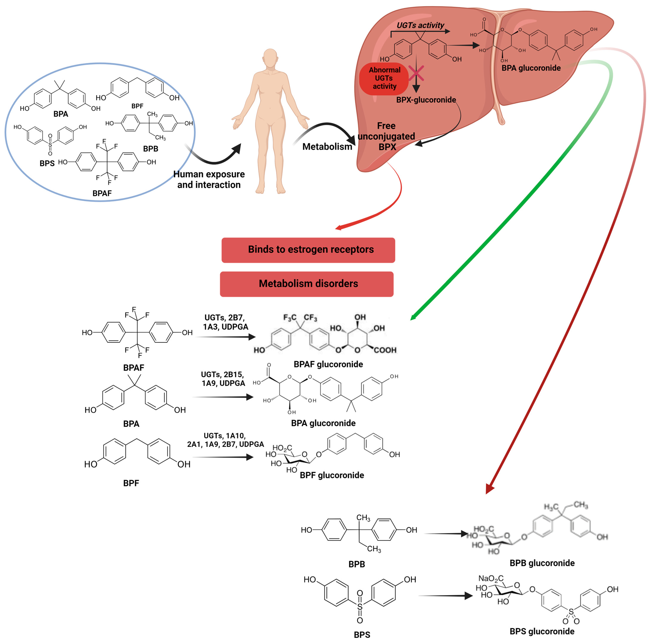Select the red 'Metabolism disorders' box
point(306,284)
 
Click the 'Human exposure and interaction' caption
point(209,179)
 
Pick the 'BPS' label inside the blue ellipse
point(47,163)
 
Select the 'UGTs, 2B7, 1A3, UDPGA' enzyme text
point(225,322)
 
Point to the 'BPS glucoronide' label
point(542,632)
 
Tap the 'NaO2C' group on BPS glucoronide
point(491,579)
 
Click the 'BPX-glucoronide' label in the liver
point(426,100)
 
